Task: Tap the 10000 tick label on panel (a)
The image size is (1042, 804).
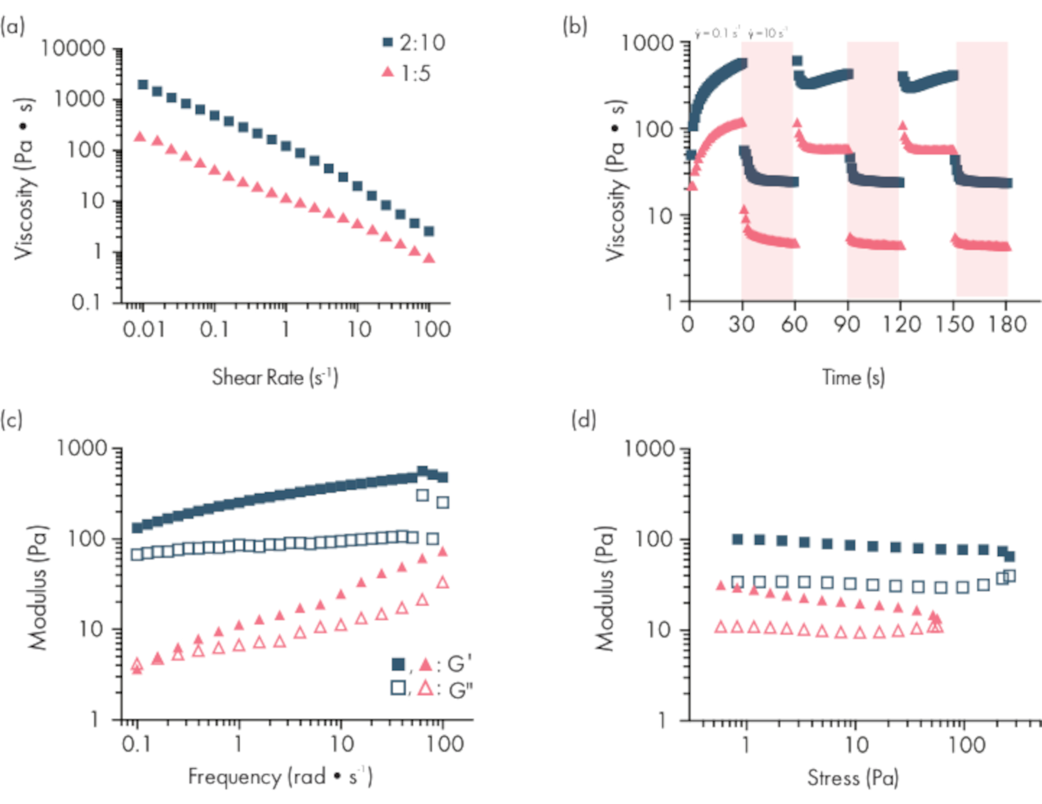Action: click(x=73, y=48)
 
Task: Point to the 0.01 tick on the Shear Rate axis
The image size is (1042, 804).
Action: click(x=143, y=330)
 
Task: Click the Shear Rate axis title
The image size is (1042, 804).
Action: click(x=275, y=377)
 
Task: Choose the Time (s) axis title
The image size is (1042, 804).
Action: click(x=853, y=377)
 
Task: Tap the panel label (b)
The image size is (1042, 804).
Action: click(x=575, y=26)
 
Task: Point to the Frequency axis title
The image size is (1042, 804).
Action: click(x=280, y=777)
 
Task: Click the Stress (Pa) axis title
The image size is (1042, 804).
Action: click(x=853, y=778)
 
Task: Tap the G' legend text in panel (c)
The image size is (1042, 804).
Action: click(x=459, y=664)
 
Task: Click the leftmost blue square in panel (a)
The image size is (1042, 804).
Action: click(x=142, y=84)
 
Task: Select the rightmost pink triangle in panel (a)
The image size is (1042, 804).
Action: click(x=429, y=258)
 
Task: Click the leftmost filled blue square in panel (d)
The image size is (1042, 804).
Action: click(x=737, y=539)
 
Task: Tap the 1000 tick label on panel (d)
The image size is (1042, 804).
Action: click(x=649, y=448)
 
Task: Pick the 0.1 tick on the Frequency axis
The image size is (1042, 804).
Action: click(x=137, y=744)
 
